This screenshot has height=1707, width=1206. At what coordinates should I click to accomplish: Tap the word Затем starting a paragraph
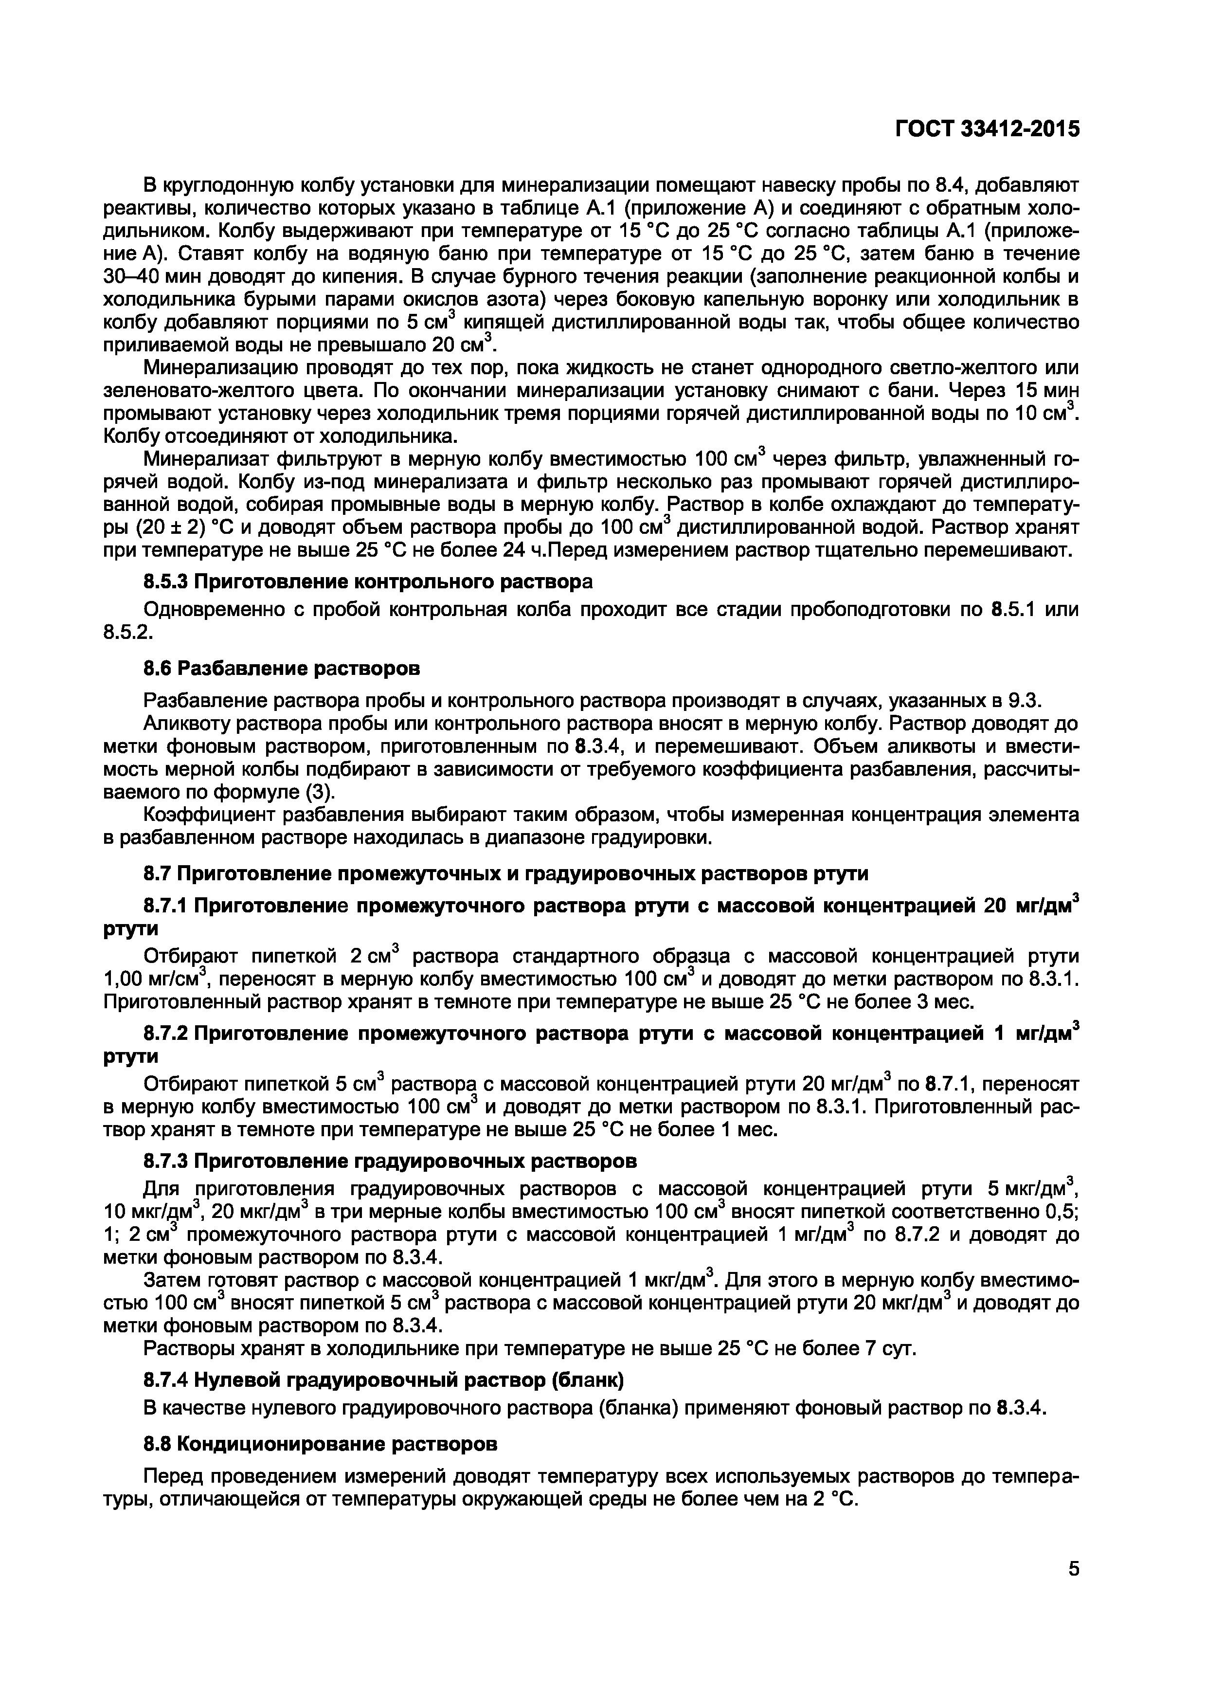(172, 1279)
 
